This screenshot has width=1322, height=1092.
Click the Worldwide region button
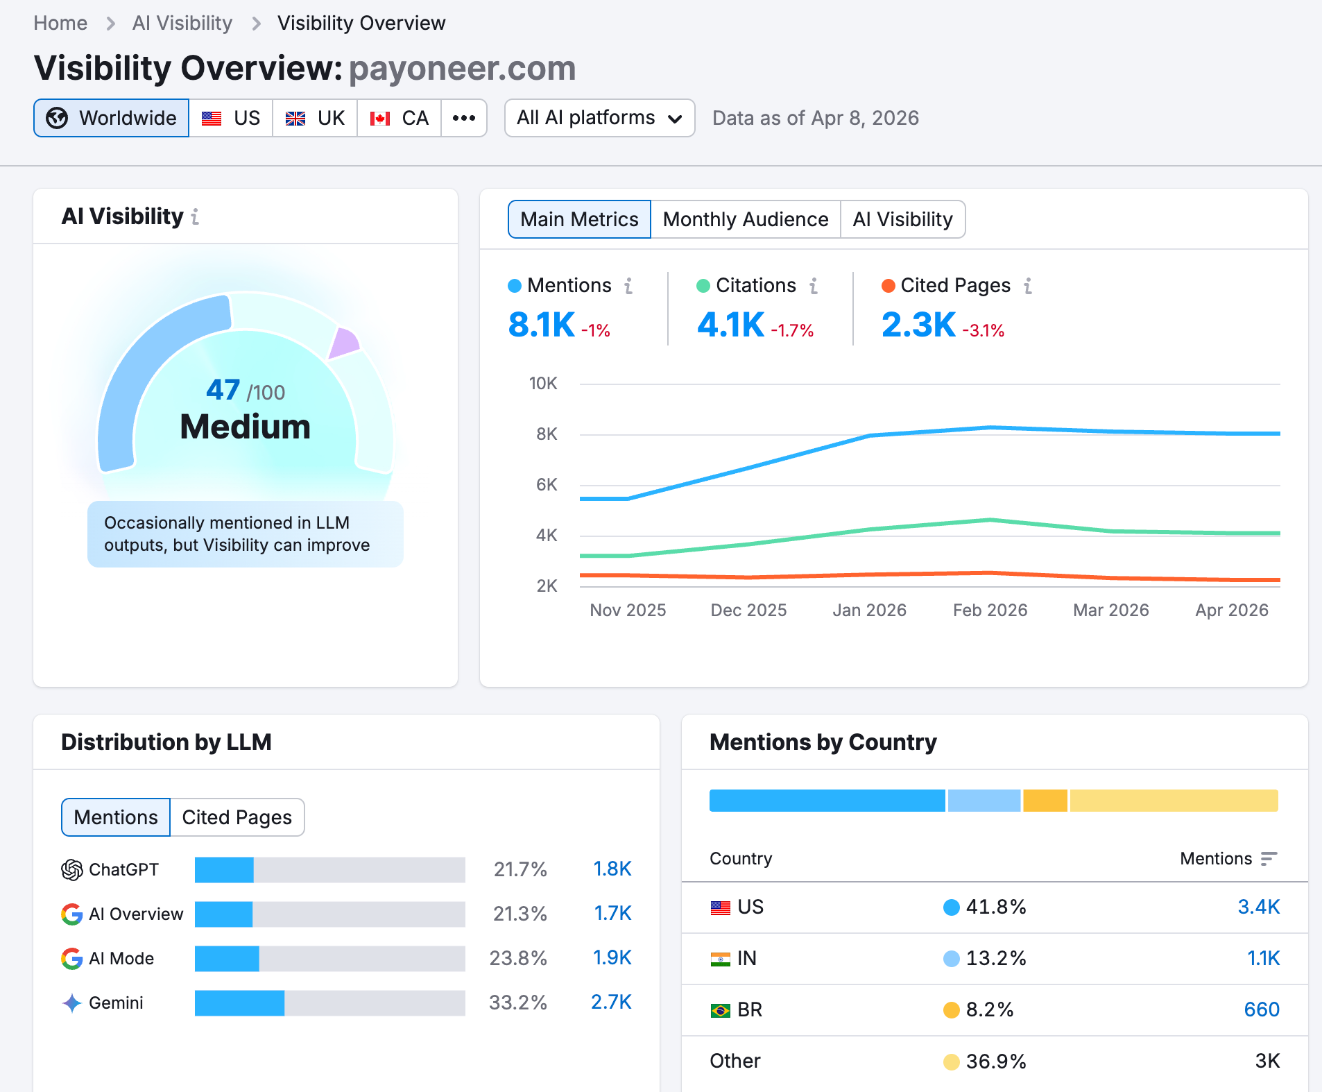tap(112, 118)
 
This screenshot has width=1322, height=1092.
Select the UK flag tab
tap(315, 118)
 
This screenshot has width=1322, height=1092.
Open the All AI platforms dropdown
tap(599, 118)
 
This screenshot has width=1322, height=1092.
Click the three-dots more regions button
tap(463, 118)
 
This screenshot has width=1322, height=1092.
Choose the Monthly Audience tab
tap(745, 219)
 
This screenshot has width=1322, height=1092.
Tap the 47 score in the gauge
tap(223, 390)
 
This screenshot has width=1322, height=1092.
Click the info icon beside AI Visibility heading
tap(196, 217)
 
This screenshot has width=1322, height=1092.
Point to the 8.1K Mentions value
tap(541, 325)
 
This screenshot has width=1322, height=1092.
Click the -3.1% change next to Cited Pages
tap(983, 330)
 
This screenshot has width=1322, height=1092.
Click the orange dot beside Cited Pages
tap(888, 286)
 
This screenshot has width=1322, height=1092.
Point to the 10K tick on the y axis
tap(543, 384)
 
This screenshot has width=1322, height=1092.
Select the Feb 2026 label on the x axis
tap(990, 610)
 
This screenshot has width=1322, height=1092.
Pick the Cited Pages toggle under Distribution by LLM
tap(237, 817)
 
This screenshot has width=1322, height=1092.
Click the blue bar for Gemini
tap(239, 1003)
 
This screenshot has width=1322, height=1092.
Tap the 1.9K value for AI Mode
tap(612, 958)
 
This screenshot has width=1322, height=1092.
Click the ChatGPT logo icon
tap(72, 869)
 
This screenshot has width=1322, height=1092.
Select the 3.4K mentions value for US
tap(1258, 907)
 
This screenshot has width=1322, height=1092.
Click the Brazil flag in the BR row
tap(720, 1010)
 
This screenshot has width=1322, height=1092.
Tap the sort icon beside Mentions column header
tap(1269, 859)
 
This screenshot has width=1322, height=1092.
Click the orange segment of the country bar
tap(1045, 801)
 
